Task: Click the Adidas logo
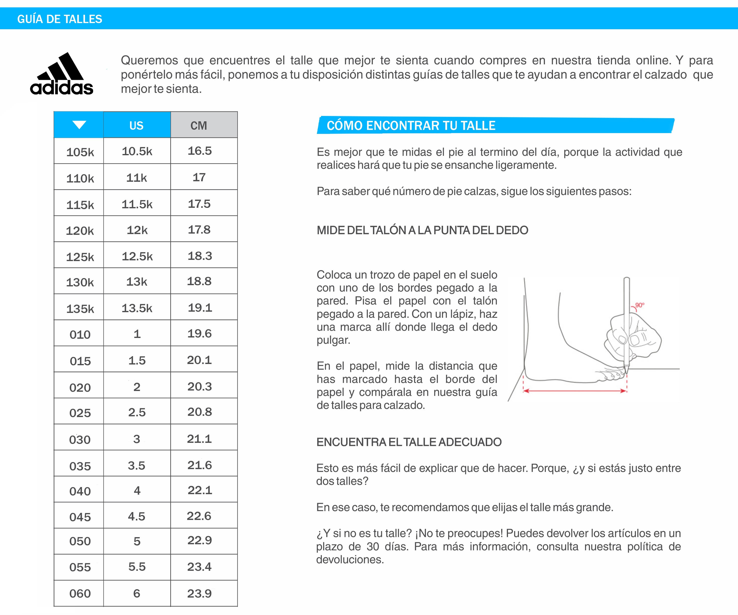click(x=62, y=74)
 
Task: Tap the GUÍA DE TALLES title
click(x=60, y=19)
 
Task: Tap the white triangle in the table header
click(x=79, y=125)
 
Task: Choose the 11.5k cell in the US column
click(x=137, y=204)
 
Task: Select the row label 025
click(x=80, y=413)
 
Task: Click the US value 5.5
click(x=137, y=567)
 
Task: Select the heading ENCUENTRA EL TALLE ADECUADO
click(x=409, y=442)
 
